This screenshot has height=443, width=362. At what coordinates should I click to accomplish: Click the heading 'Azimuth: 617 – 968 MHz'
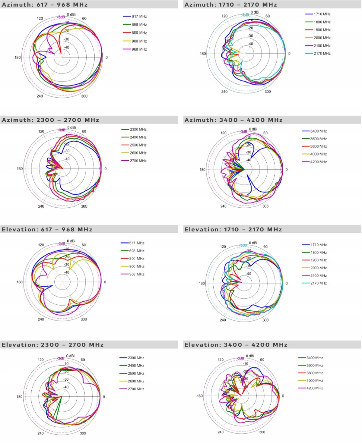click(x=45, y=5)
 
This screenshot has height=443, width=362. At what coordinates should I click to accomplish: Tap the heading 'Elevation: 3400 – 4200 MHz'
click(x=236, y=345)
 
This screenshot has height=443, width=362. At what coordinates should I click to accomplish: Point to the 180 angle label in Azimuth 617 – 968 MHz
click(x=18, y=58)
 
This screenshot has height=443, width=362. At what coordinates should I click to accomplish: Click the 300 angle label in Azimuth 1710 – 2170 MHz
click(x=268, y=92)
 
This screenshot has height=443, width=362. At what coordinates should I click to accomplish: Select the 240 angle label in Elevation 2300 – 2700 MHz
click(x=40, y=433)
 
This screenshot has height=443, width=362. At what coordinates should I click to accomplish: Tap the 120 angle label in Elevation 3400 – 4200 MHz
click(x=221, y=360)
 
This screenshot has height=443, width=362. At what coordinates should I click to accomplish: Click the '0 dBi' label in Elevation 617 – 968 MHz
click(x=71, y=241)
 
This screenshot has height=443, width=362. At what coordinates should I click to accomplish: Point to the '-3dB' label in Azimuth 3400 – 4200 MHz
click(x=243, y=132)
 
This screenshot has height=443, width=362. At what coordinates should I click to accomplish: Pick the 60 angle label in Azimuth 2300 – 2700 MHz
click(x=84, y=131)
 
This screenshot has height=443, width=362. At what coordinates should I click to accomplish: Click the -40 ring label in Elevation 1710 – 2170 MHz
click(x=248, y=274)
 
